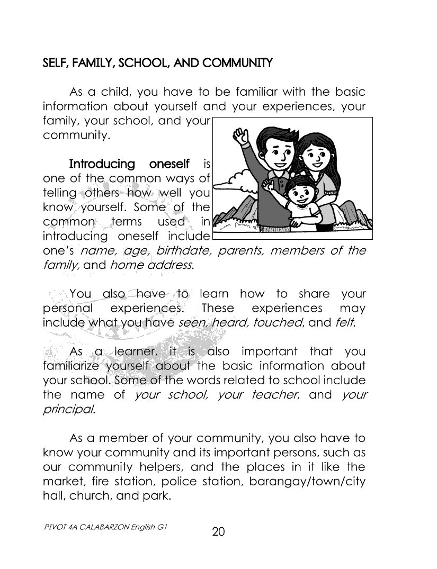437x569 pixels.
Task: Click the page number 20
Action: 219,531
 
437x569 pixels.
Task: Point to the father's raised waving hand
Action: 241,139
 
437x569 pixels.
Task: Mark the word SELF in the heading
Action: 53,64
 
